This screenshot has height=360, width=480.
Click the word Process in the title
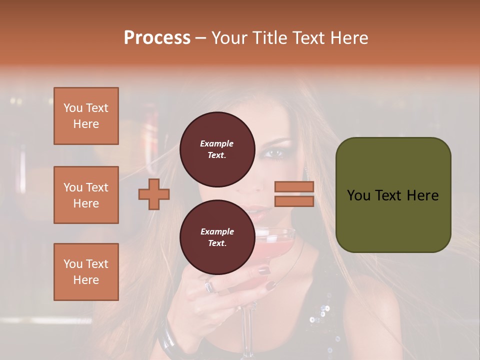pyautogui.click(x=157, y=38)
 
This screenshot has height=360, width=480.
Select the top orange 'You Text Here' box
pyautogui.click(x=86, y=116)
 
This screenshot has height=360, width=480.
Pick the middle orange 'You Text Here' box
pyautogui.click(x=86, y=195)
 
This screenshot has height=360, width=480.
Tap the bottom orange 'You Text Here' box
pyautogui.click(x=86, y=272)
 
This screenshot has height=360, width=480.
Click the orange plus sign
pyautogui.click(x=154, y=194)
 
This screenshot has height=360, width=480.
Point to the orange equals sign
pyautogui.click(x=294, y=194)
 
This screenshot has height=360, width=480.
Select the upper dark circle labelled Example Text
pyautogui.click(x=217, y=149)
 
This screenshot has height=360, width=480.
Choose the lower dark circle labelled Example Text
pyautogui.click(x=217, y=237)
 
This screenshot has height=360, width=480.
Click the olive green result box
pyautogui.click(x=393, y=195)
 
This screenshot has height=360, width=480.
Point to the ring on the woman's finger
pyautogui.click(x=209, y=286)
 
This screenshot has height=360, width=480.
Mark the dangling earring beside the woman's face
pyautogui.click(x=305, y=174)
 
